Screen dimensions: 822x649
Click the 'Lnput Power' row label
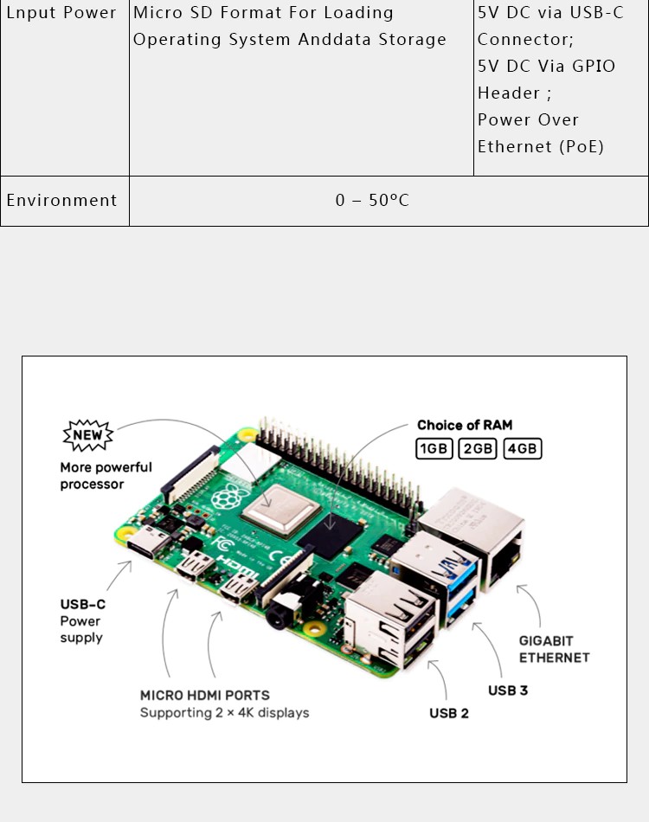point(61,13)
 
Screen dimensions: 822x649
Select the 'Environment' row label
point(61,200)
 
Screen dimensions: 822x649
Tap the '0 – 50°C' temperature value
point(372,200)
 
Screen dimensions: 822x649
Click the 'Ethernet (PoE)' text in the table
point(541,146)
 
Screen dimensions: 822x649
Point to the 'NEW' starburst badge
point(87,434)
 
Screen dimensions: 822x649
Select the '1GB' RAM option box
point(434,449)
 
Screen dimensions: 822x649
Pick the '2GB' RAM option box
point(478,449)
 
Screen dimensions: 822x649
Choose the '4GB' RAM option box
point(522,449)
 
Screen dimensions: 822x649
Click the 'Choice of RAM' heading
point(465,425)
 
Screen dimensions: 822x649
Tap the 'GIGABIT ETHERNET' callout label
point(554,649)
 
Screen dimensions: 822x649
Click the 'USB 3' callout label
point(508,690)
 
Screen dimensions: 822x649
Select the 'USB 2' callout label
point(449,713)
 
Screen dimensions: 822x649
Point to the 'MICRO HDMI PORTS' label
point(205,695)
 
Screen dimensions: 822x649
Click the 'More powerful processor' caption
point(106,476)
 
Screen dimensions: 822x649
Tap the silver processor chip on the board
point(274,508)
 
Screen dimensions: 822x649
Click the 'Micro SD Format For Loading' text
point(263,13)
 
